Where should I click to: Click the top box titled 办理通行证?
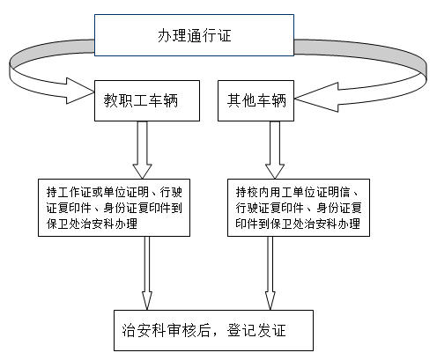tap(194, 35)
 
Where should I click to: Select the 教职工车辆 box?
tap(147, 100)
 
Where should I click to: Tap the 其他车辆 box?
tap(256, 100)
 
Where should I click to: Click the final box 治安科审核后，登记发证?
tap(213, 330)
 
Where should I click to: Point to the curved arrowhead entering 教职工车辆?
tap(79, 91)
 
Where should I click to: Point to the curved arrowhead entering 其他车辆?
tap(315, 98)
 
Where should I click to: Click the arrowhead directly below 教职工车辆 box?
tap(142, 171)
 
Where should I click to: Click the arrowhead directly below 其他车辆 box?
tap(275, 171)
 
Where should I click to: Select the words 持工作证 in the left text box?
tap(69, 193)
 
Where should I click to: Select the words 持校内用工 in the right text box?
tap(264, 193)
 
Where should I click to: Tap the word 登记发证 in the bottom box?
tap(256, 330)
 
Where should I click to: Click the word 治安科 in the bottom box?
tap(144, 330)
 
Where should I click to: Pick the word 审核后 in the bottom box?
tap(189, 330)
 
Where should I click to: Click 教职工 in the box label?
tap(126, 100)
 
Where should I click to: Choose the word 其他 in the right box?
tap(241, 100)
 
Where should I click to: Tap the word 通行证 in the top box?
tap(209, 35)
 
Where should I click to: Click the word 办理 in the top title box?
tap(173, 35)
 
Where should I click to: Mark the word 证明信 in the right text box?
tap(333, 193)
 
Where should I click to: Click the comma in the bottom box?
tap(215, 334)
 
